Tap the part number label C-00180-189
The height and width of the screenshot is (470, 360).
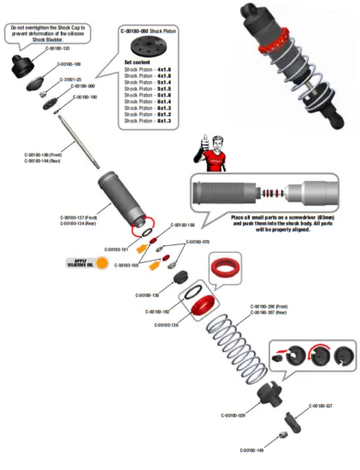(x=69, y=64)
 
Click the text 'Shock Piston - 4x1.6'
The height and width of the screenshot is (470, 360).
(x=148, y=69)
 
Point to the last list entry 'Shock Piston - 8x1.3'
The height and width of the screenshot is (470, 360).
(x=148, y=121)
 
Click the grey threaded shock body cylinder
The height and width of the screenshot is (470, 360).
(x=118, y=201)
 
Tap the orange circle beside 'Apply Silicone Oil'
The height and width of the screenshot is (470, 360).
(x=103, y=263)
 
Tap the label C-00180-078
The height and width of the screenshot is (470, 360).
(x=198, y=242)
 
